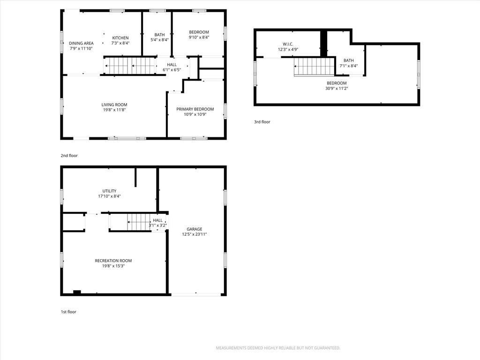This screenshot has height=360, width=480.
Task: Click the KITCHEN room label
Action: [x=120, y=38]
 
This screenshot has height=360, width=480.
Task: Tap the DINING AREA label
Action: [x=81, y=43]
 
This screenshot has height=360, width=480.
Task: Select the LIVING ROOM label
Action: [x=114, y=105]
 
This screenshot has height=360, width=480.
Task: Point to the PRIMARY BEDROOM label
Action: [x=195, y=109]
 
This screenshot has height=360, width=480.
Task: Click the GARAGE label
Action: [x=195, y=229]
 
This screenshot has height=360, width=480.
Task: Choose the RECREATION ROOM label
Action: [x=113, y=261]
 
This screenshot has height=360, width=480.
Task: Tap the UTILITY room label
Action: [x=109, y=191]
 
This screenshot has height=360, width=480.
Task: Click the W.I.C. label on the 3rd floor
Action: [x=288, y=44]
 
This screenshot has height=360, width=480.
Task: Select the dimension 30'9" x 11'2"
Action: [x=337, y=89]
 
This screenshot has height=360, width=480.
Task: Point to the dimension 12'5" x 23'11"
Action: [x=195, y=234]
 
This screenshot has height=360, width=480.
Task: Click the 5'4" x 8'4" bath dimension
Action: [x=159, y=40]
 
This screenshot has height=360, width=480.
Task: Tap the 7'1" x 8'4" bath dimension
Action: [x=348, y=66]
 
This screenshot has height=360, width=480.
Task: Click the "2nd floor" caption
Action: [x=69, y=156]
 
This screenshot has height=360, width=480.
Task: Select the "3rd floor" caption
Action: [x=262, y=122]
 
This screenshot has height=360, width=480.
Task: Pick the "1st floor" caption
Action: [x=68, y=312]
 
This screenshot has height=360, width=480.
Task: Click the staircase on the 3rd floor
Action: [x=314, y=67]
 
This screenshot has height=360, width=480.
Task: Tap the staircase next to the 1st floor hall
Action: [x=139, y=222]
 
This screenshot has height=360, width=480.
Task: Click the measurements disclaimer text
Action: [x=278, y=348]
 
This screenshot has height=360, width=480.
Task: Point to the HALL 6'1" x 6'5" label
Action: [x=172, y=67]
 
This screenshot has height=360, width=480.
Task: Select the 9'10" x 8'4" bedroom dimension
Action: [x=199, y=37]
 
